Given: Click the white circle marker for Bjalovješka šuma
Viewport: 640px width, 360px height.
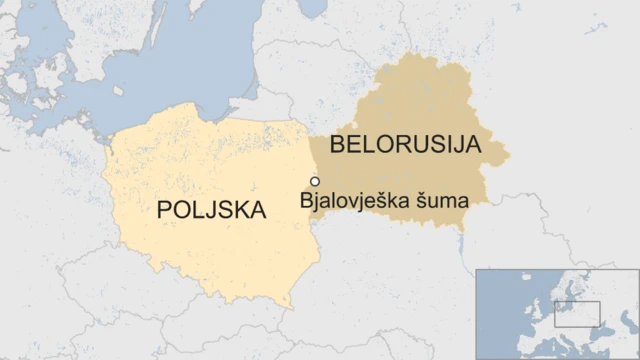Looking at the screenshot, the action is click(315, 181).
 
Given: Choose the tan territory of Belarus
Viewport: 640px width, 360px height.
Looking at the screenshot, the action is click(420, 100).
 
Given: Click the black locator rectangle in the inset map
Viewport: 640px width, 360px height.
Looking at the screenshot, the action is click(577, 314).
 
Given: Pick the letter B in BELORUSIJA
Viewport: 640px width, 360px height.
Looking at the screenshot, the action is click(338, 145).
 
